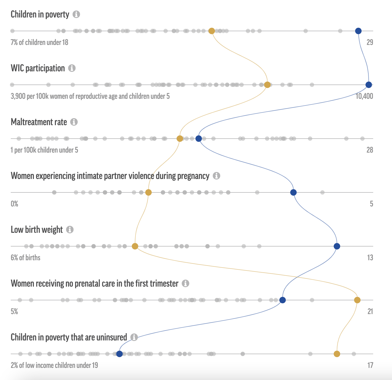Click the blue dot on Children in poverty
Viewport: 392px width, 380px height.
tap(358, 31)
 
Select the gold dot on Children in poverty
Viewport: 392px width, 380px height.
tap(212, 31)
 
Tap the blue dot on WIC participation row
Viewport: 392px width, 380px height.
tap(369, 85)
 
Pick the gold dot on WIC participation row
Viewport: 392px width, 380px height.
tap(267, 85)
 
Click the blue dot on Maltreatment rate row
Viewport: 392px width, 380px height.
tap(199, 139)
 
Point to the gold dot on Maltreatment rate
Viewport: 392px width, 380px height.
tap(180, 139)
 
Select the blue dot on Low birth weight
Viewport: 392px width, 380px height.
tap(337, 246)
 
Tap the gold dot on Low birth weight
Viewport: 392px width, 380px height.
tap(135, 246)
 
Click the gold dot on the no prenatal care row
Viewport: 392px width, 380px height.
tap(357, 300)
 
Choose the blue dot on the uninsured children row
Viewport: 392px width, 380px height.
tap(120, 354)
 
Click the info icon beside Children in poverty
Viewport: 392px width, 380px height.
tap(76, 14)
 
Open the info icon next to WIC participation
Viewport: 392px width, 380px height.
tap(72, 68)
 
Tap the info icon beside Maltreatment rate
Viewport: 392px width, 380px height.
tap(74, 122)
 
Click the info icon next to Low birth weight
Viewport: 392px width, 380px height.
tap(70, 230)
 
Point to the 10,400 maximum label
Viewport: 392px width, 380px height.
tap(364, 96)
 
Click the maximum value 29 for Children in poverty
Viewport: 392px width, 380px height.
tap(370, 42)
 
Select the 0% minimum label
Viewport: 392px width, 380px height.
tap(15, 204)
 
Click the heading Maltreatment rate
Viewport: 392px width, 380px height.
tap(39, 122)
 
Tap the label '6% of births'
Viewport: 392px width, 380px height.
tap(26, 258)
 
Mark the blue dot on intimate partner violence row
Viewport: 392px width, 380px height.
tap(293, 192)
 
